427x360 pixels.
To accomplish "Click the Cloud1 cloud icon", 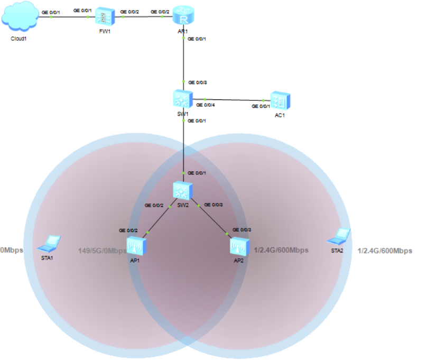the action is pyautogui.click(x=20, y=16).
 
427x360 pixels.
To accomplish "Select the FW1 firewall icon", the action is pyautogui.click(x=105, y=16).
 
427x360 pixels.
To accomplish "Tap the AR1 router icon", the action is pyautogui.click(x=183, y=15).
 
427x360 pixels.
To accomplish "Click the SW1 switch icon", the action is pyautogui.click(x=183, y=98).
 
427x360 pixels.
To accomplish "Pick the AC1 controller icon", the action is pyautogui.click(x=280, y=101).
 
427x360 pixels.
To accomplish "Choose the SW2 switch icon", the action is pyautogui.click(x=183, y=190).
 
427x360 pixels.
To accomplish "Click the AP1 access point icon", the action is pyautogui.click(x=136, y=246).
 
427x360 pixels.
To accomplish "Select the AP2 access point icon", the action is pyautogui.click(x=239, y=246).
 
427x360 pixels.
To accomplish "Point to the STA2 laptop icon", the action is pyautogui.click(x=339, y=236).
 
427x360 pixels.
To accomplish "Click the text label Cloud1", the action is pyautogui.click(x=18, y=39).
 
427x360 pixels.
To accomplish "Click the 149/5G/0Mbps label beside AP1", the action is pyautogui.click(x=103, y=251).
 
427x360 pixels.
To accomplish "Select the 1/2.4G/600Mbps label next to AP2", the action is pyautogui.click(x=281, y=250).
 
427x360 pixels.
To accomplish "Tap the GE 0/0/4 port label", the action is pyautogui.click(x=206, y=105).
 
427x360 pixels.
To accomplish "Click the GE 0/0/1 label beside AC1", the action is pyautogui.click(x=261, y=106).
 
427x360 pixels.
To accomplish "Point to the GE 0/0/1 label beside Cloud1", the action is pyautogui.click(x=51, y=13).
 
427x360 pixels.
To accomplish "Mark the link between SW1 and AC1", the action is pyautogui.click(x=231, y=100).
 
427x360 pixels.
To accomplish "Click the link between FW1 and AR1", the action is pyautogui.click(x=144, y=16).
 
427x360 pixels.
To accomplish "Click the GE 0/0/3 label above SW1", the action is pyautogui.click(x=198, y=82).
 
